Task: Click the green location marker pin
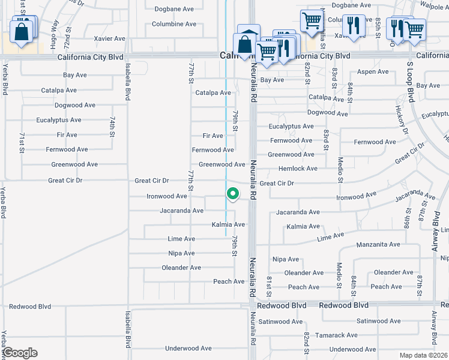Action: pyautogui.click(x=232, y=194)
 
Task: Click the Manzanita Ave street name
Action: pyautogui.click(x=378, y=245)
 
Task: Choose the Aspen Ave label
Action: pyautogui.click(x=373, y=71)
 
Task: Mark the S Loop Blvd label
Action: pyautogui.click(x=411, y=80)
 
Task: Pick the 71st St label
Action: pyautogui.click(x=22, y=142)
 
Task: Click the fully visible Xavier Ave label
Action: pyautogui.click(x=110, y=38)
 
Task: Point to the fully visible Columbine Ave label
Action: pyautogui.click(x=174, y=24)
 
